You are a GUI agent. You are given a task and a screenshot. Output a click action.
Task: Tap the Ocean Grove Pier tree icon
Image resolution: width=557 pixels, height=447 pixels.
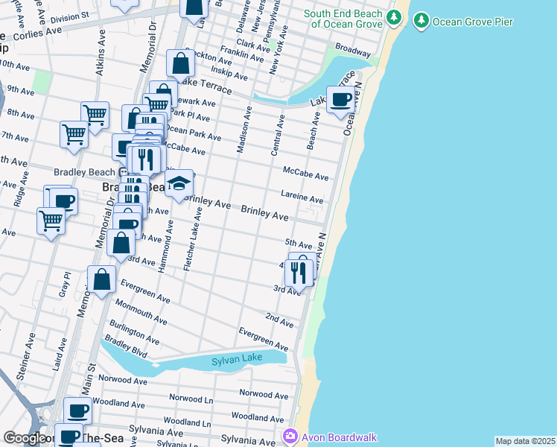422,21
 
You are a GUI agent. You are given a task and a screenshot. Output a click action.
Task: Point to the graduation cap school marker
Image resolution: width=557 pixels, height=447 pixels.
179,183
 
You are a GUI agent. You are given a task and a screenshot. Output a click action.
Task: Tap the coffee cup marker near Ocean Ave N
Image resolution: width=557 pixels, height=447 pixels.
341,99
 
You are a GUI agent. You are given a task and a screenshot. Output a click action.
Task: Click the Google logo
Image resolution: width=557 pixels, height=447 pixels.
25,438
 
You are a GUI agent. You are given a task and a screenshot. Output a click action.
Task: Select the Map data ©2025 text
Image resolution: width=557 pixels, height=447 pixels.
525,441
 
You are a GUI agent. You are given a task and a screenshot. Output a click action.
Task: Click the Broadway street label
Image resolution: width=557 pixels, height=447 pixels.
352,51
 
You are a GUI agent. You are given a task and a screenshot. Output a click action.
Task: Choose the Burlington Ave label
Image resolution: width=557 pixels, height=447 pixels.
134,331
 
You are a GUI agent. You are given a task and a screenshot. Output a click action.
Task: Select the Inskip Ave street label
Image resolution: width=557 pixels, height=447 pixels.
229,75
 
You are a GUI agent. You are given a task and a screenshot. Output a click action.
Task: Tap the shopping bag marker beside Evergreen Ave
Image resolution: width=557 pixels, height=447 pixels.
102,279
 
